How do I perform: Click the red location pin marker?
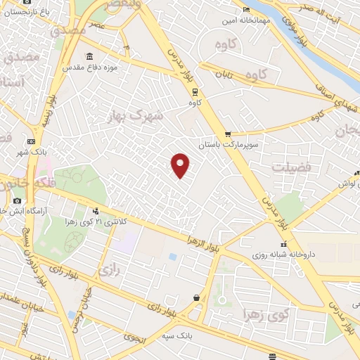point(181,165)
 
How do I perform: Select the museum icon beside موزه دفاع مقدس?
point(89,56)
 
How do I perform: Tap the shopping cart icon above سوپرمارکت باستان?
point(227,134)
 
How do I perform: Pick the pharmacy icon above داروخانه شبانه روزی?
point(264,243)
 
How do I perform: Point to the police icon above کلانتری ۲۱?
point(95,211)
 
